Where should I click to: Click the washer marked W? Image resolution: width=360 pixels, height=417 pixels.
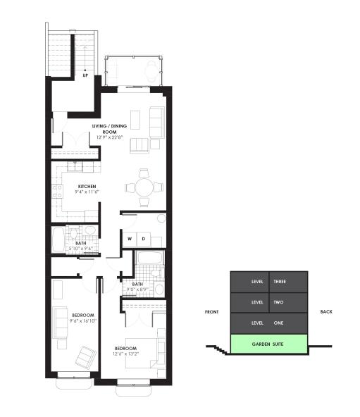130,239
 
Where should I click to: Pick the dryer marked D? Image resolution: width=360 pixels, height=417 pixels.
143,239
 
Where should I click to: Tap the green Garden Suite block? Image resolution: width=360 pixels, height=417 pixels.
269,344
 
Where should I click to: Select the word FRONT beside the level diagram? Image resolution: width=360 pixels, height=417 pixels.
211,312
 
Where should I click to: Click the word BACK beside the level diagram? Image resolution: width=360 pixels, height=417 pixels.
325,312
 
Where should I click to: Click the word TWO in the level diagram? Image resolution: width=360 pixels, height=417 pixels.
279,302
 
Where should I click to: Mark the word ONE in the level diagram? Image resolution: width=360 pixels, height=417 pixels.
279,323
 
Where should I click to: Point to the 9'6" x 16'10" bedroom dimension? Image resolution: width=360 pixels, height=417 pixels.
82,320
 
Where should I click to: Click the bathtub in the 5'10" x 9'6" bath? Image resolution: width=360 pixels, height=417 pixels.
58,239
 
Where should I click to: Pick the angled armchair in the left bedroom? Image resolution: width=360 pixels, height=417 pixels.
85,356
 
